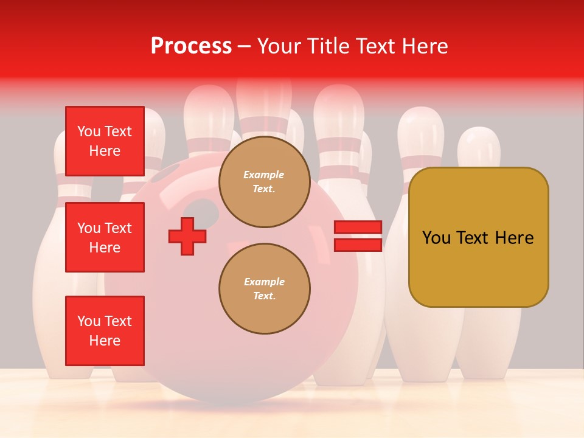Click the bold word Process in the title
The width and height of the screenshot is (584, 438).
point(191,46)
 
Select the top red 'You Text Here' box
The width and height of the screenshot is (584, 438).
point(105,141)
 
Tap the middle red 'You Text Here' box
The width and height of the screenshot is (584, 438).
point(105,237)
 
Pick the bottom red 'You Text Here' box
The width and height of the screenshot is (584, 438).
point(105,331)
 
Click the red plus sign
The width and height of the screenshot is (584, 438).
point(187,236)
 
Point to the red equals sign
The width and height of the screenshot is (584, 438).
point(358,236)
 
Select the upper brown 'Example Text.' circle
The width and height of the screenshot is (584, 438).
point(264,182)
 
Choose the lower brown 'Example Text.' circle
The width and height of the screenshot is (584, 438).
point(264,289)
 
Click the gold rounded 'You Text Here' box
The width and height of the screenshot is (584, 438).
point(478,237)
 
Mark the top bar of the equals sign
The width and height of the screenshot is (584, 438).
point(358,228)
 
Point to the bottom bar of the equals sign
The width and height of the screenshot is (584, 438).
point(358,245)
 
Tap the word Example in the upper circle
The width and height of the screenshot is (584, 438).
point(264,175)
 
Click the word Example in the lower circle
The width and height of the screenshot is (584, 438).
point(264,282)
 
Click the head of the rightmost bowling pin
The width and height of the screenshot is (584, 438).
point(479,146)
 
